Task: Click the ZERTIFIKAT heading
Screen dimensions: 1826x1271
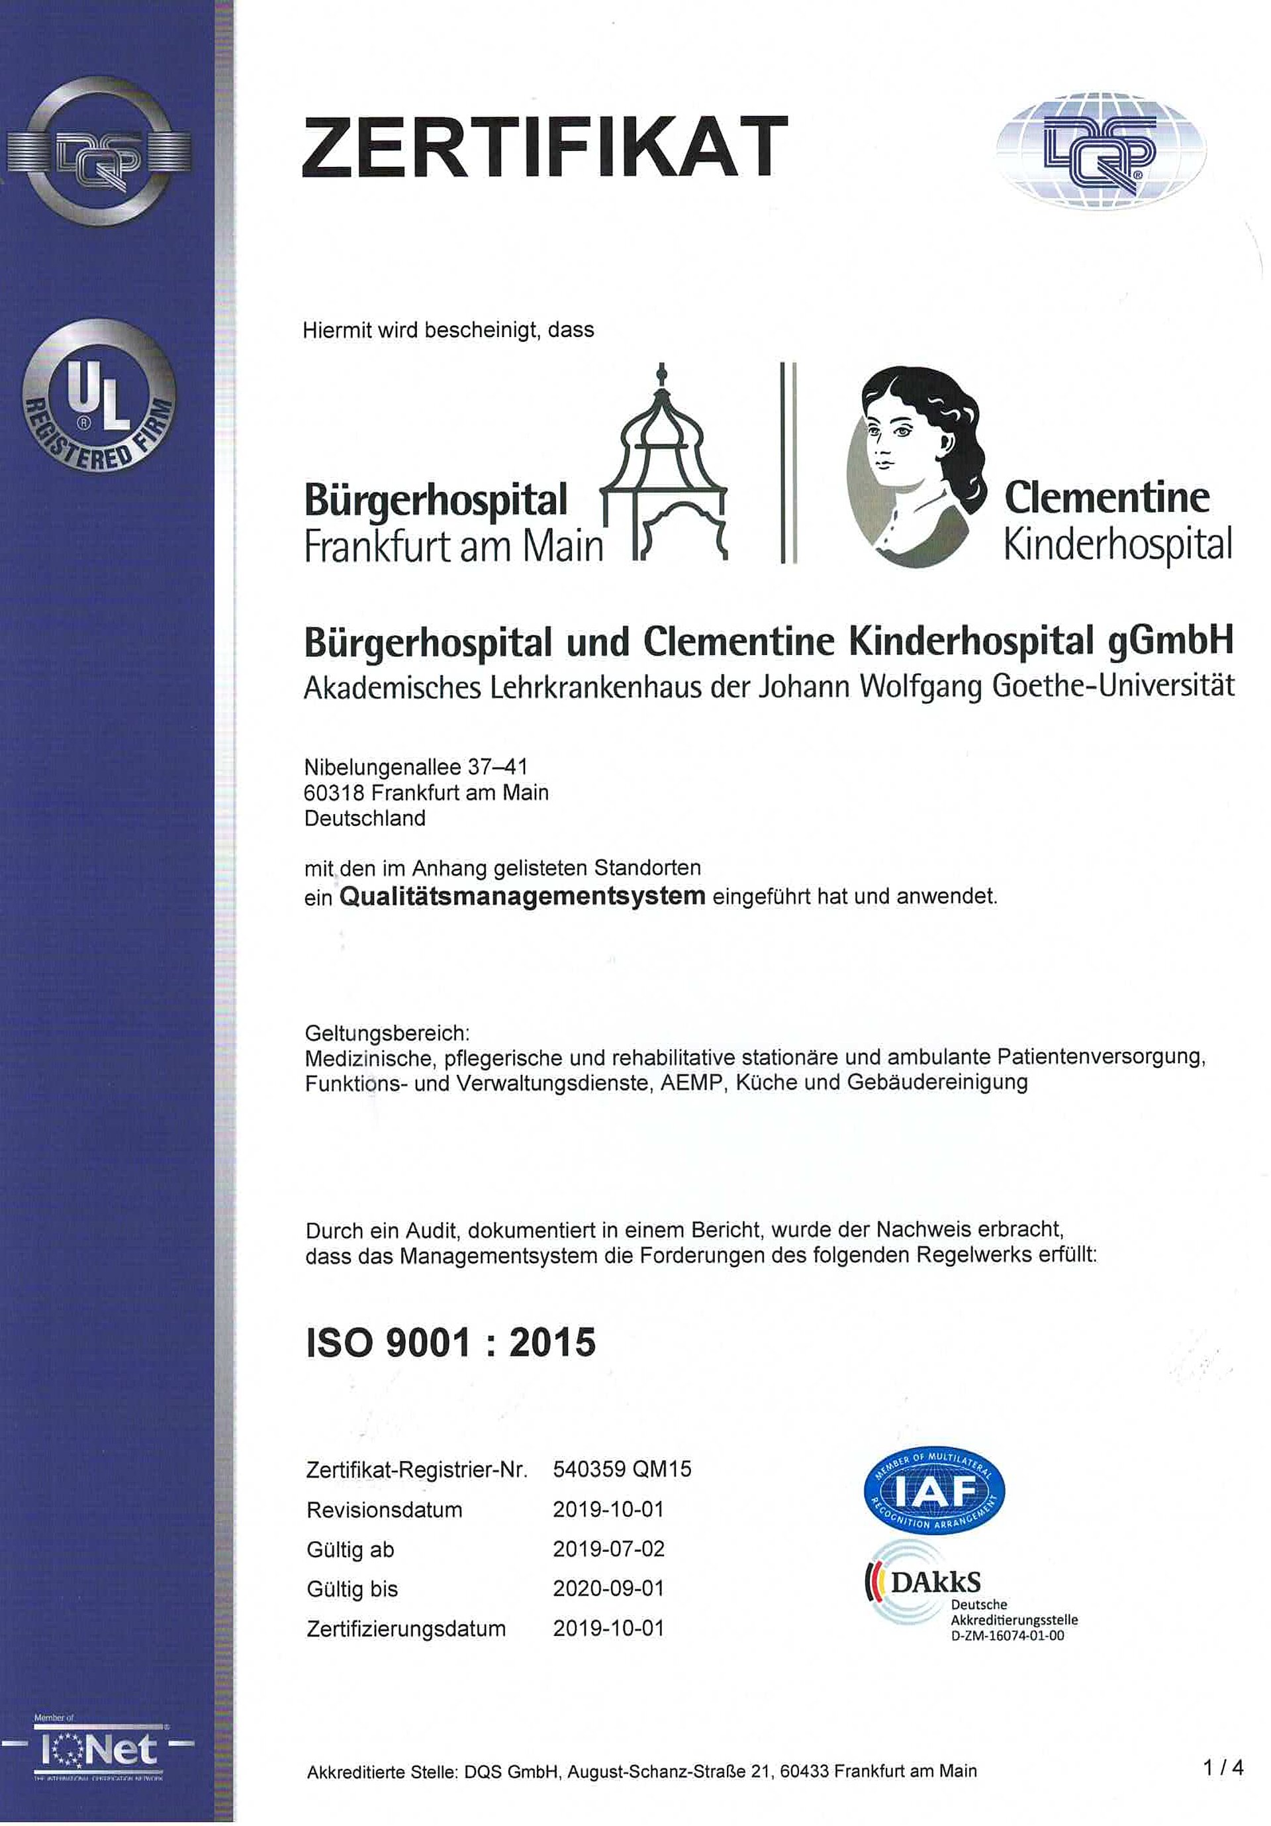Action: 545,146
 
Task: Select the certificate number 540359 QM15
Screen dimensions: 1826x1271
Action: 622,1469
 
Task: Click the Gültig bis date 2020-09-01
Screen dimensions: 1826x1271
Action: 608,1588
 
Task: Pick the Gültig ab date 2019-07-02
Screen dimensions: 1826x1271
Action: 608,1548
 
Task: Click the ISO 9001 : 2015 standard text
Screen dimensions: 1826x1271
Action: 451,1343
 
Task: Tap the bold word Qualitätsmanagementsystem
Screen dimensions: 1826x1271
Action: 522,896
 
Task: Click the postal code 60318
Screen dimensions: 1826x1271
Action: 334,793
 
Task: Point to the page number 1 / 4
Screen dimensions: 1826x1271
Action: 1223,1767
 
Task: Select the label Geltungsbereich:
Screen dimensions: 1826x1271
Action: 387,1034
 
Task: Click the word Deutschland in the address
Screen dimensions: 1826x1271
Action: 365,819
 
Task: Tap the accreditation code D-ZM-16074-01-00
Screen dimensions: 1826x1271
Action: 1007,1636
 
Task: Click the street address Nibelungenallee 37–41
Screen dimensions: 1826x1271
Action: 416,768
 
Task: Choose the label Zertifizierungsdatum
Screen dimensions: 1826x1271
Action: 406,1629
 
